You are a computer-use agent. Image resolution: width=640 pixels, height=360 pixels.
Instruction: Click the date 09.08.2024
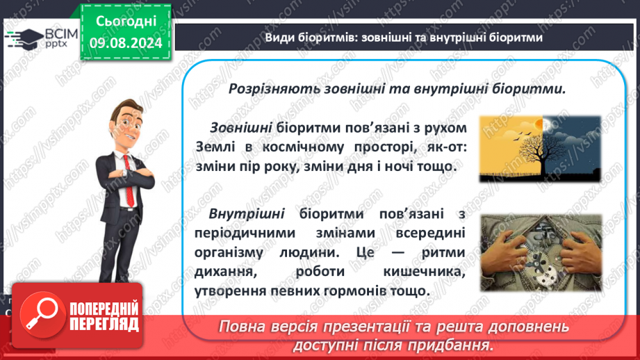click(126, 42)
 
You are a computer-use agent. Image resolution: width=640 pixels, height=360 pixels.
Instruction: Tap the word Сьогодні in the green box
click(126, 22)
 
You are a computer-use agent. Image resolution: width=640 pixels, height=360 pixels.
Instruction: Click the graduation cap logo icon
click(24, 40)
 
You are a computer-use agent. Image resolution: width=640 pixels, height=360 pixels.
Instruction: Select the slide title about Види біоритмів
click(404, 38)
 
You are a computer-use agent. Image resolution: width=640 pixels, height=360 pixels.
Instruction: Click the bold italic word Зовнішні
click(241, 128)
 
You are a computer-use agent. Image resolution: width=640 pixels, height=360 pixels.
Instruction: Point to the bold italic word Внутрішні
click(247, 213)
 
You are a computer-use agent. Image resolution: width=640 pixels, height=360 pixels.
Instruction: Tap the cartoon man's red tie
click(129, 180)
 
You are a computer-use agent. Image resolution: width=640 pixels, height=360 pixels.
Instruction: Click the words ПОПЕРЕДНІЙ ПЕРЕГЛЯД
click(104, 316)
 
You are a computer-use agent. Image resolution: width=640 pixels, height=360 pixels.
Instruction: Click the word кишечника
click(424, 272)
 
